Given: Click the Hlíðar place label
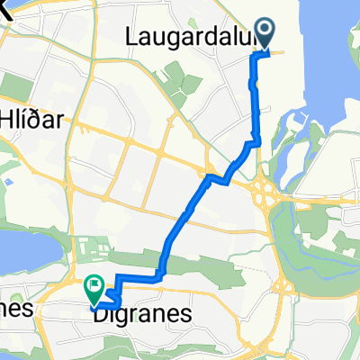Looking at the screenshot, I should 36,123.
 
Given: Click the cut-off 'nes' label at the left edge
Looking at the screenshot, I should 16,308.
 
